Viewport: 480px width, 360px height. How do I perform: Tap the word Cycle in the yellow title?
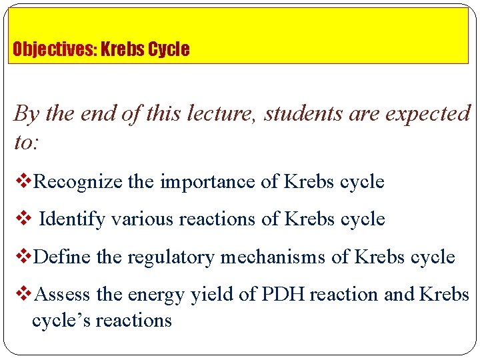169,49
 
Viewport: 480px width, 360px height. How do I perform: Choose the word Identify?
72,219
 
